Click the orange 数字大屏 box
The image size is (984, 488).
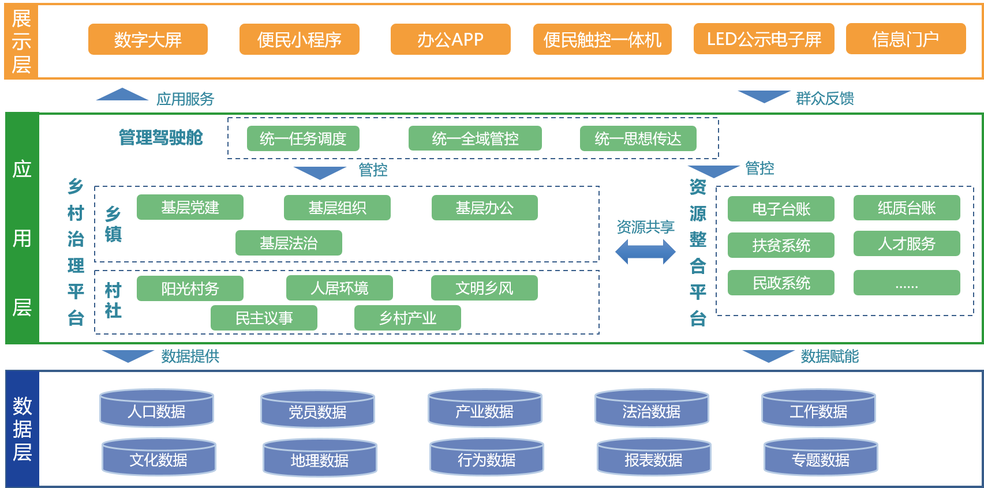coord(148,39)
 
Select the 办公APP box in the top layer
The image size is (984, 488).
coord(450,39)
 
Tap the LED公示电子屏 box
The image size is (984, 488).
coord(764,39)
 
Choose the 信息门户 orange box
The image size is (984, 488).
coord(906,39)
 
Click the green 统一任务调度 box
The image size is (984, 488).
coord(303,138)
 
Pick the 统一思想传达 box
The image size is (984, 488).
coord(638,138)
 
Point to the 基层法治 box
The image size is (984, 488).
coord(289,243)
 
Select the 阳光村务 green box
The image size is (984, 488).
coord(190,288)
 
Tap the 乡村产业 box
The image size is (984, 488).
coord(407,318)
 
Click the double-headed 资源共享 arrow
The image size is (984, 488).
coord(645,252)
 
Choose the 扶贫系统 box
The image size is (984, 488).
coord(781,245)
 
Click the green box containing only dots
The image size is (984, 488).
coord(907,283)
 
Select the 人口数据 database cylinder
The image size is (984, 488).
coord(156,408)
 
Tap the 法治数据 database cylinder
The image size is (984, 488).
coord(652,408)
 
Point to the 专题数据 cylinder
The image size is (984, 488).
coord(821,457)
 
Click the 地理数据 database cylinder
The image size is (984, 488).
coord(320,457)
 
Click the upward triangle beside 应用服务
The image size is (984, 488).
coord(122,95)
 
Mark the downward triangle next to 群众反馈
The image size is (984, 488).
coord(764,96)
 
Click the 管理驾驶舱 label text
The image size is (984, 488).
coord(161,138)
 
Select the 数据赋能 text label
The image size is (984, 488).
coord(829,356)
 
